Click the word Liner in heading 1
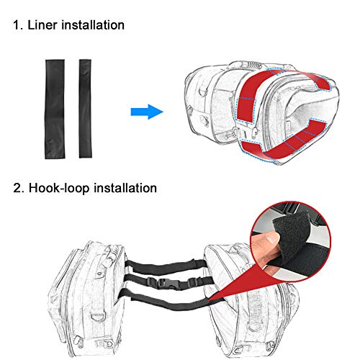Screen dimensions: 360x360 click(42, 25)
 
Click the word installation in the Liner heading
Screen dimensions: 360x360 click(93, 25)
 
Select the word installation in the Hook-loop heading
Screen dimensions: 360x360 click(125, 188)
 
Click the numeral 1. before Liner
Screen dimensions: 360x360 click(18, 25)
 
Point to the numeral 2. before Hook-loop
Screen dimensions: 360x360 click(19, 188)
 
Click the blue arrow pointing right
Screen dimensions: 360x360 click(147, 112)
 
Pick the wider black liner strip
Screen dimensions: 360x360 click(55, 109)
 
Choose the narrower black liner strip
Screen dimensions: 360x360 click(85, 109)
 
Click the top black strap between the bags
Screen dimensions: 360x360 click(165, 266)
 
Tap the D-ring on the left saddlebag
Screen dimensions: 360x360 click(98, 316)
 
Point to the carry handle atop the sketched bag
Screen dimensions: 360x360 click(247, 66)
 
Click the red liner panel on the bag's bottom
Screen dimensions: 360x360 click(283, 142)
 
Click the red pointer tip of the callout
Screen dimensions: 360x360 click(209, 300)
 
